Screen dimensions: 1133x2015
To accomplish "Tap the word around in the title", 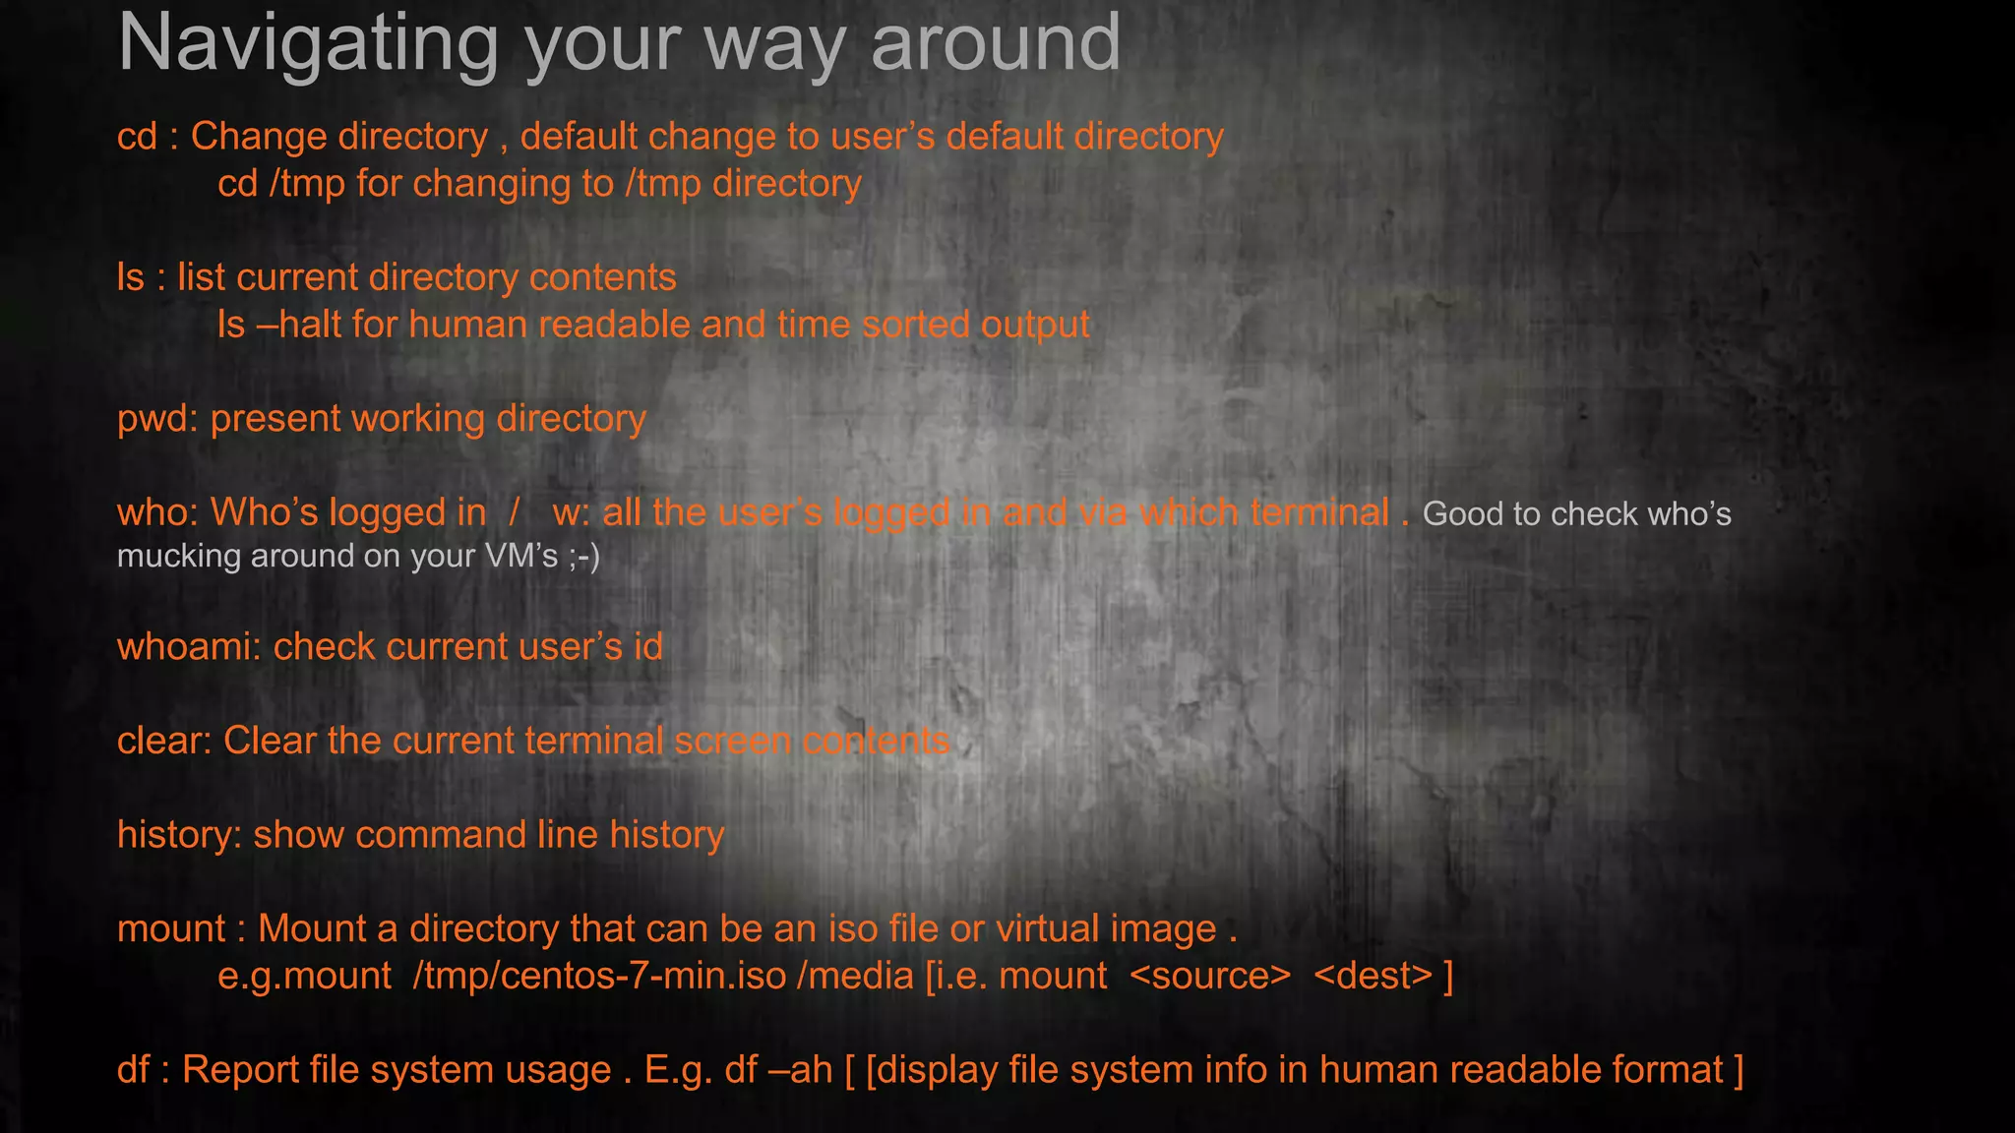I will (995, 43).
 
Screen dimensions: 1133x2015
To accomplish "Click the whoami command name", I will (185, 647).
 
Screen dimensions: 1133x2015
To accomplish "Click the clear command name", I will (160, 741).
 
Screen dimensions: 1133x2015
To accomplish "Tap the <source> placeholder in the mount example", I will (1209, 976).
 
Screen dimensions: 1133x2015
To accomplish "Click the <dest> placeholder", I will (1373, 976).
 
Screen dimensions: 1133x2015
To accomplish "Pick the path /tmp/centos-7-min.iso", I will (599, 976).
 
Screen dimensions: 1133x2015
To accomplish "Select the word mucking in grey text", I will (178, 557).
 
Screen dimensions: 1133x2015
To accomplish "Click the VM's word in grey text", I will (521, 556).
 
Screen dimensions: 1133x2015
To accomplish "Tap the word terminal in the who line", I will (1318, 513).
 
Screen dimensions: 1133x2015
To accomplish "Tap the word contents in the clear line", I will (876, 741).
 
